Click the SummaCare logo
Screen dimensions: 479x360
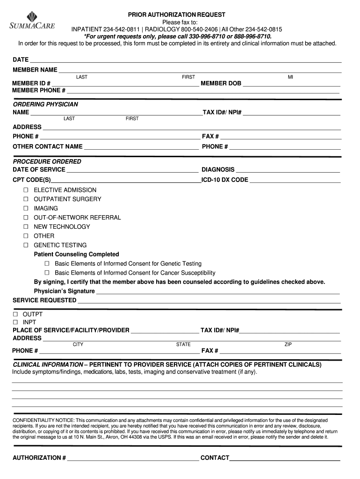click(32, 21)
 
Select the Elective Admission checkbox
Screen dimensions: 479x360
click(26, 190)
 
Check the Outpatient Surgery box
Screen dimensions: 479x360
click(26, 199)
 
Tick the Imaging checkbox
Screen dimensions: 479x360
click(26, 209)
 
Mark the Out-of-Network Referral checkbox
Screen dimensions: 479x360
click(26, 218)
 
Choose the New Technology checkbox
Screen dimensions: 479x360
click(26, 227)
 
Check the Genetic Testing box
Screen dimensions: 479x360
click(26, 245)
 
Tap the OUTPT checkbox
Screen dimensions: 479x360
click(15, 314)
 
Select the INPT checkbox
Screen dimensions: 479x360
click(15, 323)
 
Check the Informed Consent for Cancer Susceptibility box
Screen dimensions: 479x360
click(47, 273)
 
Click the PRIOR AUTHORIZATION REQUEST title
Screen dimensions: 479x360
click(177, 15)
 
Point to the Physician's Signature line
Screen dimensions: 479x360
click(217, 292)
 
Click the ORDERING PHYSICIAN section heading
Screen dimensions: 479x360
click(45, 104)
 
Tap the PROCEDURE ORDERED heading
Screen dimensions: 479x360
click(47, 161)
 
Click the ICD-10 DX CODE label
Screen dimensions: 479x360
click(225, 180)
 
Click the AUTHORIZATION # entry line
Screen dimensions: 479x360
click(133, 459)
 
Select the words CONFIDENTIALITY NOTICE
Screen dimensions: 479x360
click(43, 421)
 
